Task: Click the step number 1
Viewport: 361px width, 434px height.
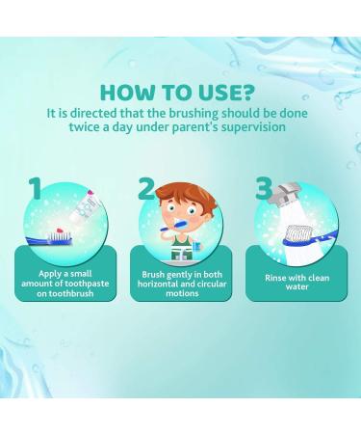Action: pyautogui.click(x=36, y=189)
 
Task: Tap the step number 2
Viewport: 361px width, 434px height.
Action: pyautogui.click(x=147, y=189)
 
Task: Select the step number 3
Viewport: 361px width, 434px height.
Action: pyautogui.click(x=264, y=189)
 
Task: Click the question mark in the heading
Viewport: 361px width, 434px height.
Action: pyautogui.click(x=246, y=93)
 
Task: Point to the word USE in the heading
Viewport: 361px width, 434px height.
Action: pyautogui.click(x=213, y=93)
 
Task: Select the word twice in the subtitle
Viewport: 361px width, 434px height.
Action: pyautogui.click(x=85, y=126)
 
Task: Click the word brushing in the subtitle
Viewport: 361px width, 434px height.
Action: pyautogui.click(x=193, y=114)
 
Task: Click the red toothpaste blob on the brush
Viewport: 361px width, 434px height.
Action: pyautogui.click(x=60, y=231)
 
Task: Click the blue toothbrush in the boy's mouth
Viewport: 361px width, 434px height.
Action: pyautogui.click(x=173, y=226)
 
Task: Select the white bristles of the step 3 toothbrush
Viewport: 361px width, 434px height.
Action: pyautogui.click(x=300, y=232)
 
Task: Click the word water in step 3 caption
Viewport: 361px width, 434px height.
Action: pyautogui.click(x=297, y=286)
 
